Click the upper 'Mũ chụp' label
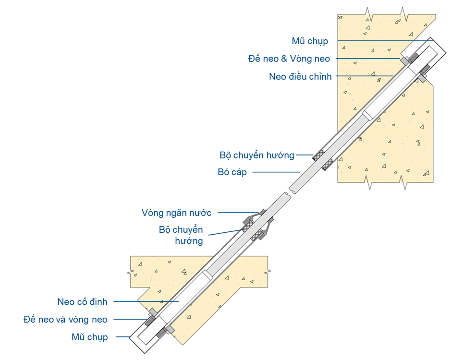[x=310, y=41]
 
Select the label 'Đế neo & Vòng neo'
[x=289, y=59]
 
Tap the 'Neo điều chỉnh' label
[x=301, y=76]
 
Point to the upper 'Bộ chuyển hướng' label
[x=257, y=155]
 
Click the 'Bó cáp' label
[x=232, y=172]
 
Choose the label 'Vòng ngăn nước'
[x=177, y=212]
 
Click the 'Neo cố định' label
[x=82, y=302]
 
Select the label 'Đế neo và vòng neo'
[x=65, y=320]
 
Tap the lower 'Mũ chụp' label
[x=90, y=337]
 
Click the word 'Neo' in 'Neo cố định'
[x=66, y=302]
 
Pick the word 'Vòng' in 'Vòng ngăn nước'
[x=152, y=212]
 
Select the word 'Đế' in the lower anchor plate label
[x=30, y=320]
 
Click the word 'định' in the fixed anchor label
[x=98, y=302]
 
